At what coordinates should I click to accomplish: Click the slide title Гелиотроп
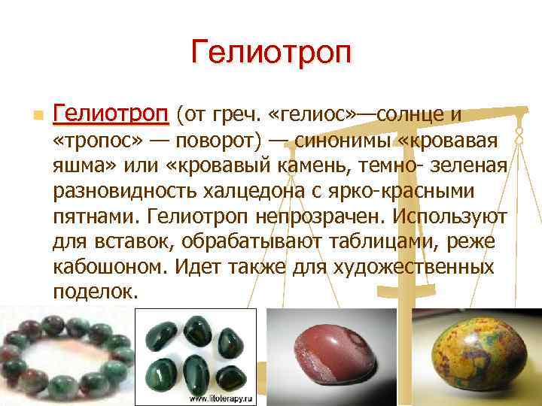271,53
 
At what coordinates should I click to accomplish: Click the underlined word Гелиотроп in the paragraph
111,114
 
